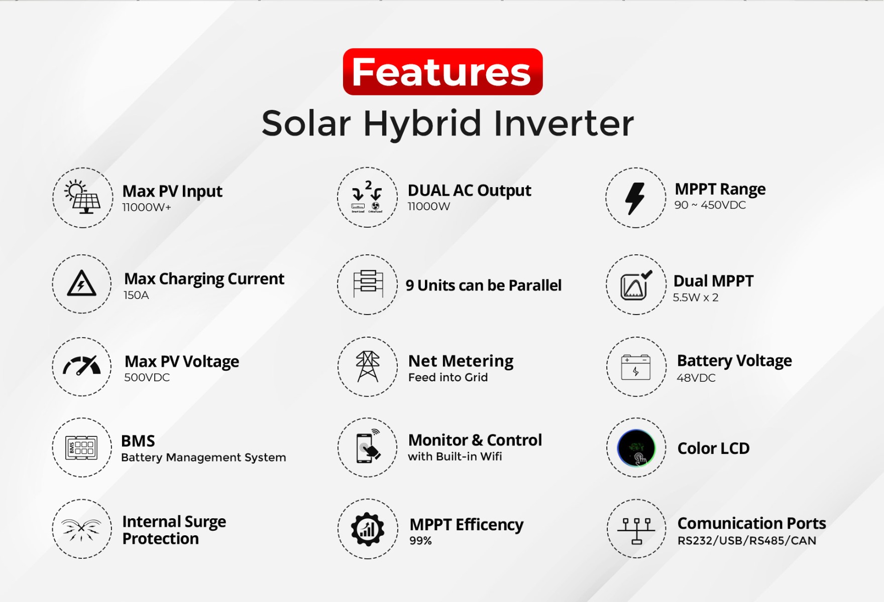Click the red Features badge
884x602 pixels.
tap(443, 72)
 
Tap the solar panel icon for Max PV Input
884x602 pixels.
tap(83, 197)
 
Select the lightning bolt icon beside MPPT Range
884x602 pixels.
tap(635, 198)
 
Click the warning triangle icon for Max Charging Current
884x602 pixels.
tap(82, 283)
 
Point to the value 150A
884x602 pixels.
tap(136, 295)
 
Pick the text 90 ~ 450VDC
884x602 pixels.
tap(710, 205)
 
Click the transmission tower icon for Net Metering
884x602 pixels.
tap(368, 366)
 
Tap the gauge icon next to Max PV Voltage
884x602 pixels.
tap(82, 366)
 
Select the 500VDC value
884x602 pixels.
tap(147, 377)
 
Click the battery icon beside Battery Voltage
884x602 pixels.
tap(636, 367)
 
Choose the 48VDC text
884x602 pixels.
tap(696, 378)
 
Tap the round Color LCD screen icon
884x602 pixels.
tap(636, 448)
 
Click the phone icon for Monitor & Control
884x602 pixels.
tap(368, 447)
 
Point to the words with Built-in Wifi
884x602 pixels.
tap(455, 457)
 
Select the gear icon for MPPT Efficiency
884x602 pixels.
tap(368, 529)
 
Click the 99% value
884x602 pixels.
tap(420, 540)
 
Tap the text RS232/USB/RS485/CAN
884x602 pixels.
tap(747, 540)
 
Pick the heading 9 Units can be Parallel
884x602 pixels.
tap(484, 285)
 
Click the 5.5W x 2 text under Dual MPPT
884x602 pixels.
tap(696, 297)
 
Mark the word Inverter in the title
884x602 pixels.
tap(564, 123)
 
